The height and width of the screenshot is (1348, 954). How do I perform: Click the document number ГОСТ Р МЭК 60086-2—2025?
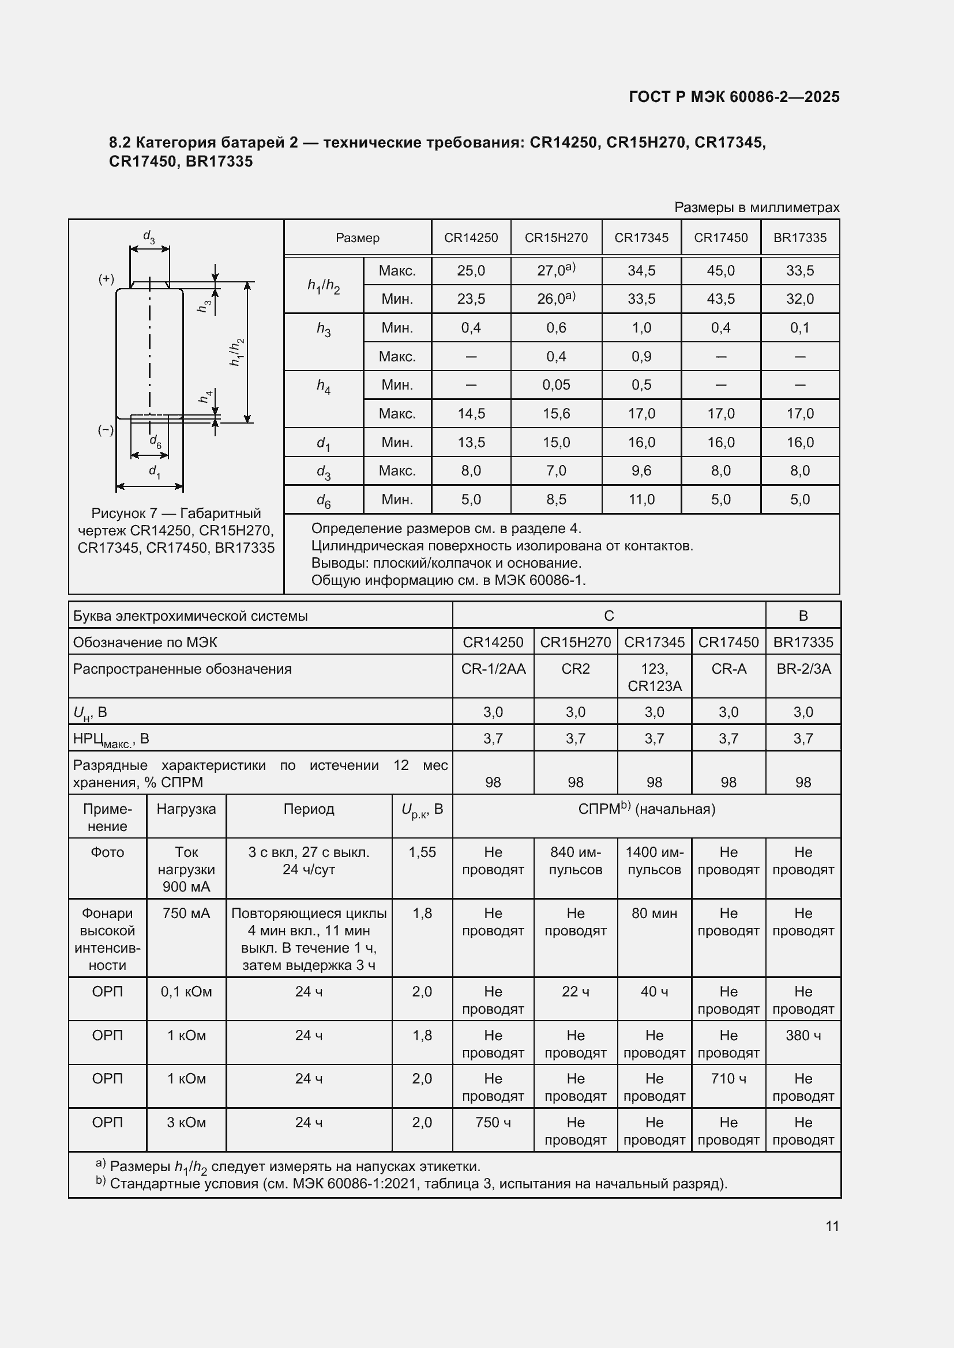tap(734, 97)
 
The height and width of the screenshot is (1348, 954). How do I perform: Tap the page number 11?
tap(832, 1226)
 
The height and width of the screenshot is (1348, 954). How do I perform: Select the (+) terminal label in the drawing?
tap(106, 279)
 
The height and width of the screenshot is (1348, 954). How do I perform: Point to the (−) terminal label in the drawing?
tap(106, 430)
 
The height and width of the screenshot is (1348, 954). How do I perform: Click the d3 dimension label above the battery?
tap(149, 237)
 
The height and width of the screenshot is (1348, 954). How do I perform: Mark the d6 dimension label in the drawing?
tap(155, 441)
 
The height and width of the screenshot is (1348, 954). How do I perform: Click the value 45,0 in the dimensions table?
tap(720, 271)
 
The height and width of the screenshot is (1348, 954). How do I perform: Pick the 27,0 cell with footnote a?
tap(555, 270)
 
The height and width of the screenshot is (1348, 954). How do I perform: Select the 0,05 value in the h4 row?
tap(555, 385)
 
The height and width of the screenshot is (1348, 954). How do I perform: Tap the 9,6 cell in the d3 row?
tap(641, 471)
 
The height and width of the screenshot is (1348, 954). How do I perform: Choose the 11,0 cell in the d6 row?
tap(641, 500)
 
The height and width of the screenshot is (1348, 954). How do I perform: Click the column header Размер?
tap(357, 238)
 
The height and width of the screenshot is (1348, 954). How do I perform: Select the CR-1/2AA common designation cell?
tap(493, 669)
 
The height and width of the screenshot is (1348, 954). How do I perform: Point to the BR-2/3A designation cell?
tap(803, 669)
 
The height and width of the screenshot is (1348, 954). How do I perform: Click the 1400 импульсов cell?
tap(654, 860)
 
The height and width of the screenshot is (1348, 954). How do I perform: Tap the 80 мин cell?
tap(654, 913)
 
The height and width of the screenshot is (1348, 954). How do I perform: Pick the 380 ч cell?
tap(803, 1036)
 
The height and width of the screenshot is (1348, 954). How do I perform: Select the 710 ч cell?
tap(728, 1079)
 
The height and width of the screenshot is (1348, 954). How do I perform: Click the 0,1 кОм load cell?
tap(186, 992)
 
